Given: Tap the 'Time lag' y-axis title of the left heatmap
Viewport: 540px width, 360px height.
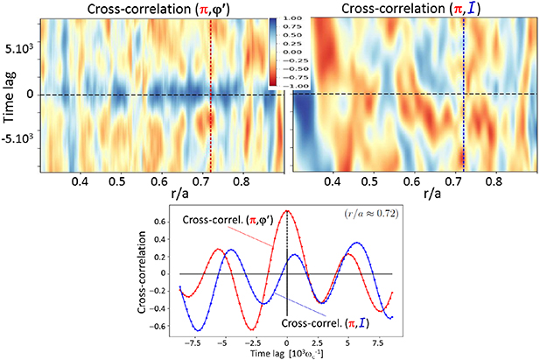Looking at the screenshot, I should tap(12, 95).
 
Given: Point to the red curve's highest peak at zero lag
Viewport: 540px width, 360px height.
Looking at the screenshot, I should tap(287, 211).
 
